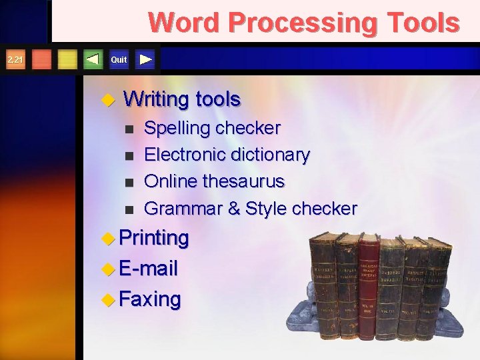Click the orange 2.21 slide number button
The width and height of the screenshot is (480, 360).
14,59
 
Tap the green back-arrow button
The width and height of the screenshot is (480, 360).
93,59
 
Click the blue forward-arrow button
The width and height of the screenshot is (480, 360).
146,59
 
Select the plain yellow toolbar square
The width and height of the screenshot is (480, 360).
67,59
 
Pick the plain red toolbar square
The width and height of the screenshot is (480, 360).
41,59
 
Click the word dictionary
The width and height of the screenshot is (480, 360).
270,155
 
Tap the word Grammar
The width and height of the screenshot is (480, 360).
183,209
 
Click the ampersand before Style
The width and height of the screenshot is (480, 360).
234,209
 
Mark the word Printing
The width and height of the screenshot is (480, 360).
154,237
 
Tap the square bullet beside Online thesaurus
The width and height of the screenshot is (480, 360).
129,182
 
